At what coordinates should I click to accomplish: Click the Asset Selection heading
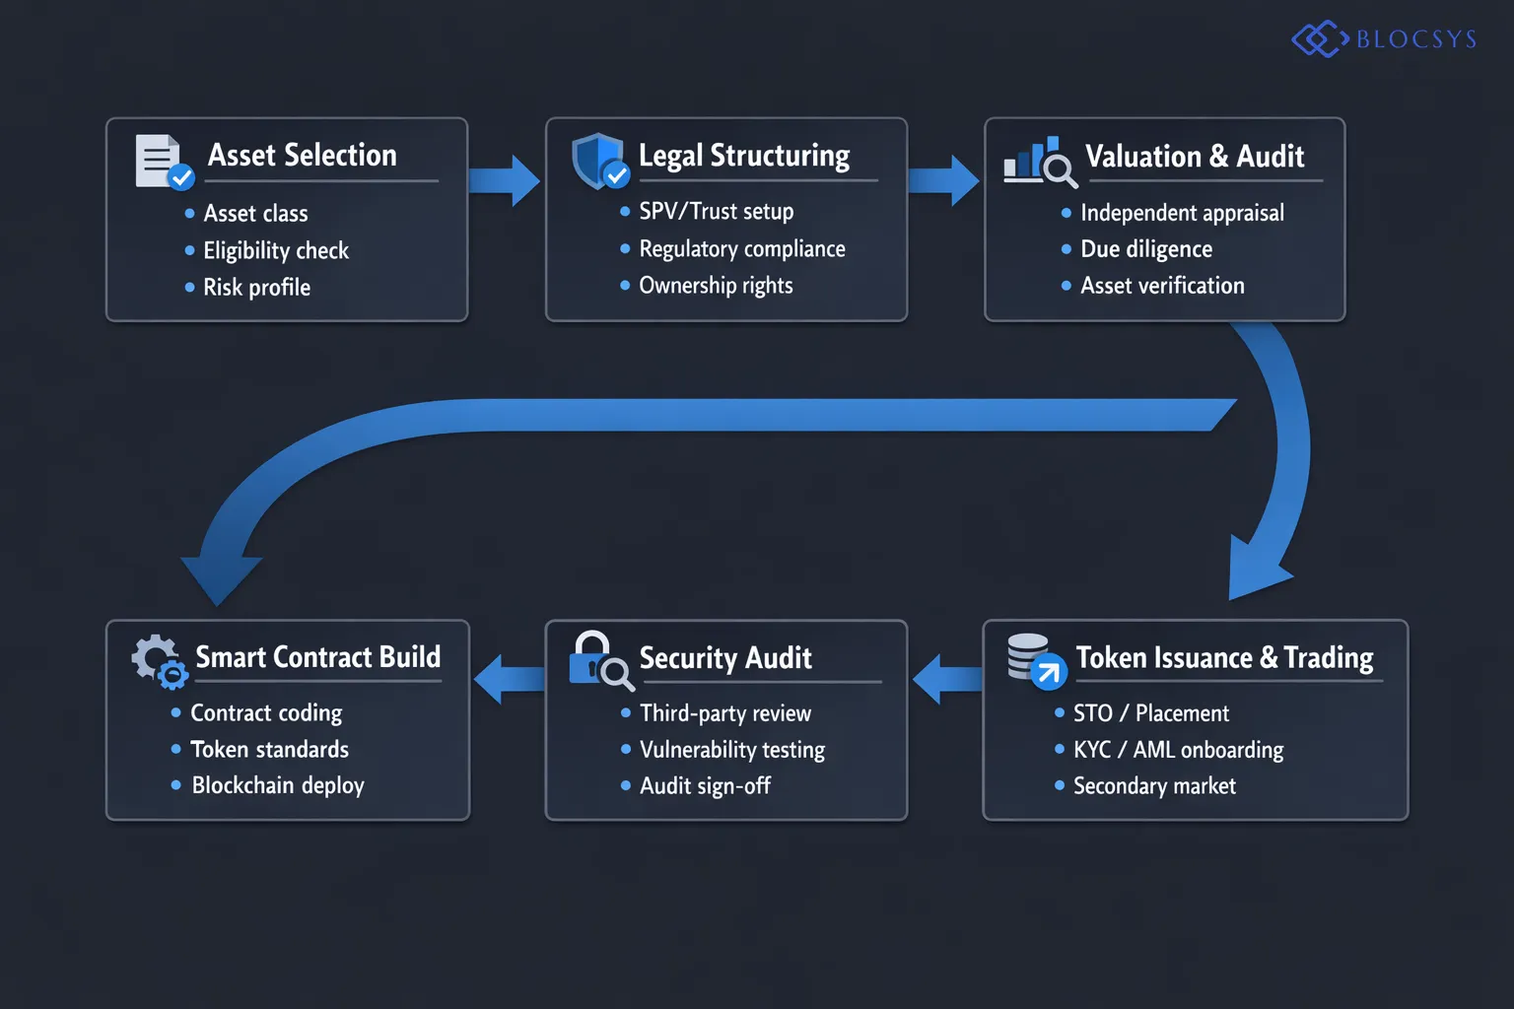(302, 156)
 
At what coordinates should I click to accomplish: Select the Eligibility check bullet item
(275, 250)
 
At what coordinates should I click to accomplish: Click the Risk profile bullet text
(256, 287)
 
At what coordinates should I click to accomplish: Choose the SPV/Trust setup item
(716, 211)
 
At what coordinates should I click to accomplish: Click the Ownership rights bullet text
(716, 285)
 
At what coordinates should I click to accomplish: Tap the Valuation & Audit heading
(1194, 156)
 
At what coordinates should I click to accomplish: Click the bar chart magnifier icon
(1039, 162)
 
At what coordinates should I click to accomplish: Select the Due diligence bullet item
(1145, 248)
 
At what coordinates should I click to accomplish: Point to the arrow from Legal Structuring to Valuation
(943, 180)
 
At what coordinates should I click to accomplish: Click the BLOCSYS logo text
(1415, 39)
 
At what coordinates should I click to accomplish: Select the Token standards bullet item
(269, 749)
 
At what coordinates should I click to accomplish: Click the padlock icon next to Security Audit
(599, 661)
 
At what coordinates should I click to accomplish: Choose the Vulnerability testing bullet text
(731, 749)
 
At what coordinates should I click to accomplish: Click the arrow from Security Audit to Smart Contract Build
(508, 680)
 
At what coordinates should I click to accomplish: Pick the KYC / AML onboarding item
(1178, 749)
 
